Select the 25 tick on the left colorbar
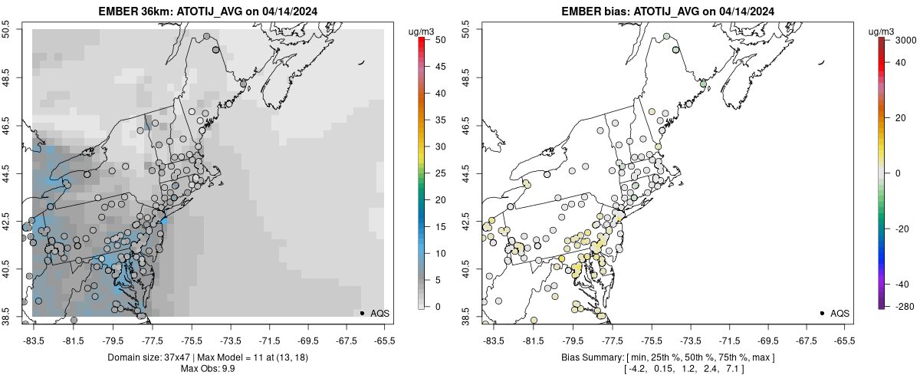[x=435, y=173]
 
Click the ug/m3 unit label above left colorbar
[x=423, y=31]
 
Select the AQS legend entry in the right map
[x=839, y=314]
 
